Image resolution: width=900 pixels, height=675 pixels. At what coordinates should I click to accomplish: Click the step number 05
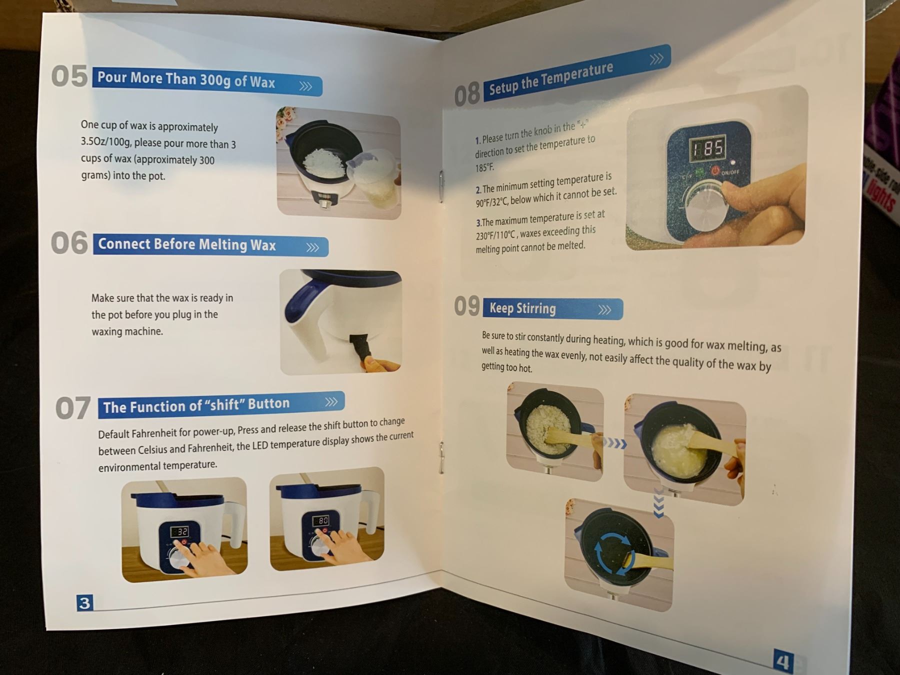69,76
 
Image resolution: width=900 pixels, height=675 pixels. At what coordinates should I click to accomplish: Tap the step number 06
69,243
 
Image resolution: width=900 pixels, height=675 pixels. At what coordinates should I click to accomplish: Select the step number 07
73,408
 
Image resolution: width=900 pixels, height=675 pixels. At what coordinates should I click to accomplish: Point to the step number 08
467,95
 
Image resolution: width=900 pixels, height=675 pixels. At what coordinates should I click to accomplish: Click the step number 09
467,306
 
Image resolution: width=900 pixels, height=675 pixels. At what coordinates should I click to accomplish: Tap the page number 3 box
84,603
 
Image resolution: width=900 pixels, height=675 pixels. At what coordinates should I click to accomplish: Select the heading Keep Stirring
522,308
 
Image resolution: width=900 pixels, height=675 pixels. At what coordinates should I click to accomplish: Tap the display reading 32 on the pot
179,532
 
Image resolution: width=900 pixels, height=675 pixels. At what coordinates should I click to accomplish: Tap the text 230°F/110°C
495,235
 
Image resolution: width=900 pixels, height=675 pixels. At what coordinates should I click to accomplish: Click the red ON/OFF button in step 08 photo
715,171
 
